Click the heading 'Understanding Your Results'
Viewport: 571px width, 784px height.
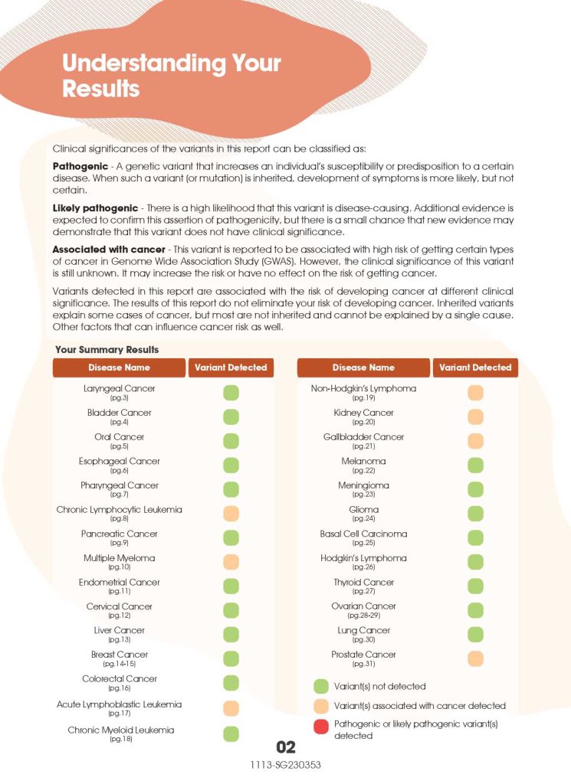tap(171, 75)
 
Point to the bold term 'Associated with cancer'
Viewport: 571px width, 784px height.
tap(108, 250)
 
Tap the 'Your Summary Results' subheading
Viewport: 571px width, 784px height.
tap(107, 349)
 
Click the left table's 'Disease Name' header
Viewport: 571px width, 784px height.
tap(119, 367)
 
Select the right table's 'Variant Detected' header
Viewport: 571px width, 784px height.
tap(474, 367)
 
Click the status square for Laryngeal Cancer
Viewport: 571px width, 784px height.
tap(231, 393)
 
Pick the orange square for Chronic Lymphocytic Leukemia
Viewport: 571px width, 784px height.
tap(231, 514)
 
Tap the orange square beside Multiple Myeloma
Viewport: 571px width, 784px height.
tap(231, 562)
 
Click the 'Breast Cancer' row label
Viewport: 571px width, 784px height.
tap(119, 655)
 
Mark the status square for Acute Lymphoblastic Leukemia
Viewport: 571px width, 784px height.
tap(231, 708)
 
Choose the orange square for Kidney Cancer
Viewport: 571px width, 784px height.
tap(475, 416)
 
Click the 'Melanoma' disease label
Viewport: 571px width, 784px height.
tap(363, 461)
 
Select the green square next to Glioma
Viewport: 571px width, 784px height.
tap(475, 514)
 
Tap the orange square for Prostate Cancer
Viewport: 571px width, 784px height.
tap(475, 658)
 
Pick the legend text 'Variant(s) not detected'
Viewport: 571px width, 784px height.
tap(379, 686)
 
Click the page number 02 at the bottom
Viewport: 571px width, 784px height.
tap(285, 747)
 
